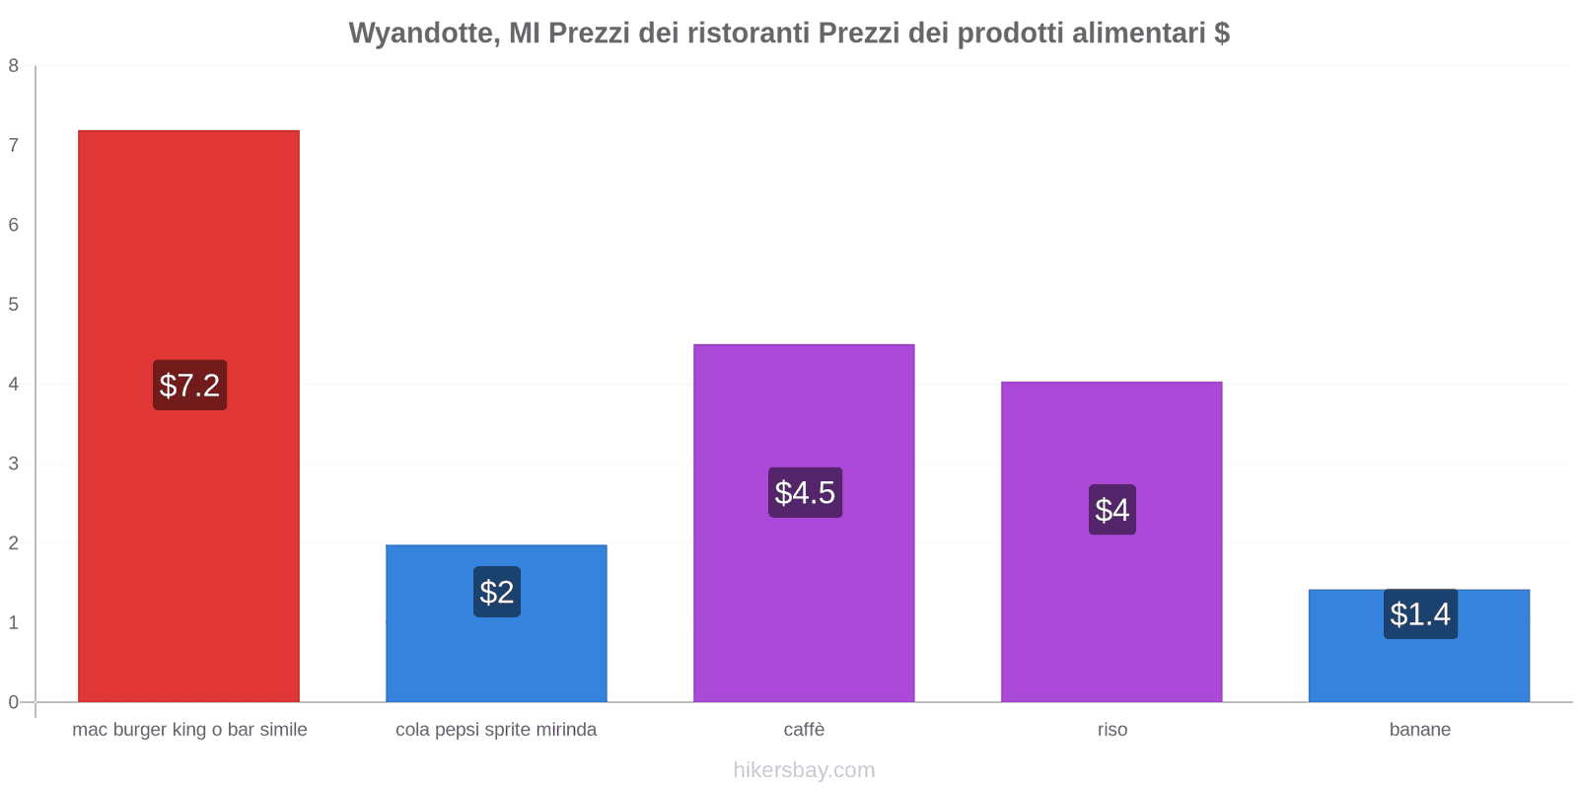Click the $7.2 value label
[189, 385]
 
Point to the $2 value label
[497, 592]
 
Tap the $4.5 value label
[805, 492]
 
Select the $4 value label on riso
[1112, 510]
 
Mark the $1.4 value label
[1420, 613]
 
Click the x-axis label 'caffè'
[804, 730]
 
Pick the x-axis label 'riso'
[1112, 730]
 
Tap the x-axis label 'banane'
[1420, 730]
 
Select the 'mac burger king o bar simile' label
[189, 730]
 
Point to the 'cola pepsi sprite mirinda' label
[496, 730]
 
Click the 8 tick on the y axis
[14, 66]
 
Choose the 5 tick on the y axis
[14, 305]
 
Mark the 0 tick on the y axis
[14, 702]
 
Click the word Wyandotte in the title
[422, 34]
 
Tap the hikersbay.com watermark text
[804, 770]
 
